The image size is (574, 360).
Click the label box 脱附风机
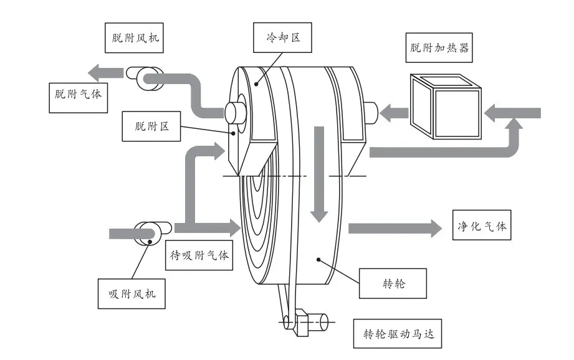pyautogui.click(x=132, y=38)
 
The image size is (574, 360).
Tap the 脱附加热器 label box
pyautogui.click(x=437, y=47)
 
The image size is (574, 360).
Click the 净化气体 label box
pyautogui.click(x=480, y=226)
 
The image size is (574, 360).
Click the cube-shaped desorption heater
pyautogui.click(x=444, y=106)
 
